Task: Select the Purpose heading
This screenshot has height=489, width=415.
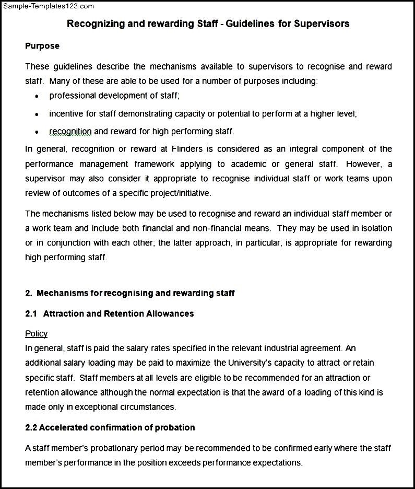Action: click(x=42, y=46)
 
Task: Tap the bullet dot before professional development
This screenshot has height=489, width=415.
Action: click(x=36, y=97)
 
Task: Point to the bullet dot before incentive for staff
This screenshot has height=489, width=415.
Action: click(x=36, y=114)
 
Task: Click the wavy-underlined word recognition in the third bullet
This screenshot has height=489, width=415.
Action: click(x=70, y=131)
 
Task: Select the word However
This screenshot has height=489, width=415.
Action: click(x=363, y=164)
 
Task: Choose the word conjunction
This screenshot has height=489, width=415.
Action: click(x=70, y=243)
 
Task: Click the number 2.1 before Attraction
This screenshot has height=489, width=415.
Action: click(x=31, y=313)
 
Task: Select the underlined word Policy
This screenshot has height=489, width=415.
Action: click(x=36, y=333)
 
